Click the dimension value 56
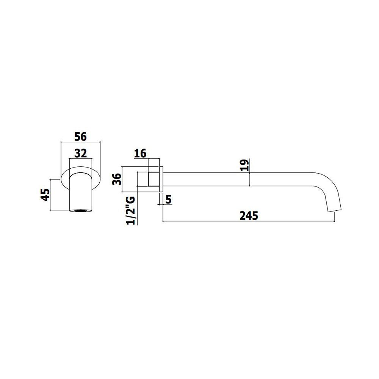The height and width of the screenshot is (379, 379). click(80, 136)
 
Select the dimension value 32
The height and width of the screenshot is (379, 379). click(80, 153)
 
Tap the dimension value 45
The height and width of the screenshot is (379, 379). click(45, 194)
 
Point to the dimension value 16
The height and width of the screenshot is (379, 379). click(140, 153)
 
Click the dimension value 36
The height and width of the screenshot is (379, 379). click(117, 179)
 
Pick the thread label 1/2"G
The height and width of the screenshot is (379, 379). click(131, 210)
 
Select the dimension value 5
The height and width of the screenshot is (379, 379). click(169, 200)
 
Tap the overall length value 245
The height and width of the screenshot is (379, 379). click(249, 216)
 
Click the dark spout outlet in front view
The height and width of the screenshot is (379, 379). click(81, 210)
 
